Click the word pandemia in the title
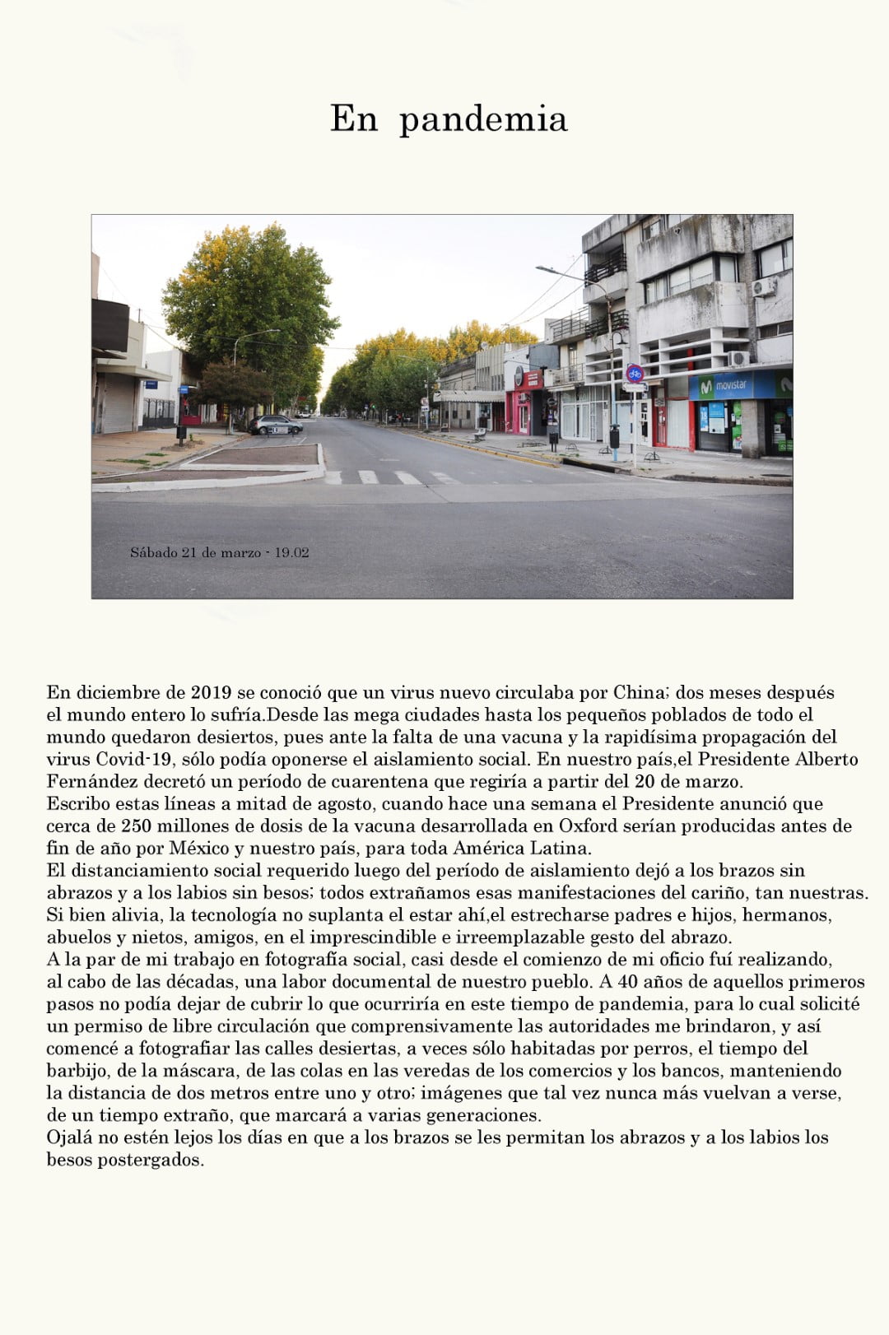[x=483, y=120]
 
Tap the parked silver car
[x=275, y=425]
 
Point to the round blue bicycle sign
[x=634, y=373]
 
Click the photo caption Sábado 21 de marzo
[x=219, y=553]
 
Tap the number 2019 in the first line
[x=211, y=693]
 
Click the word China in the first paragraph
[x=638, y=693]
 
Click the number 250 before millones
[x=137, y=826]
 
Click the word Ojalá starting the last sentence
[x=70, y=1137]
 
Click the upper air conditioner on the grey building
[x=764, y=287]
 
